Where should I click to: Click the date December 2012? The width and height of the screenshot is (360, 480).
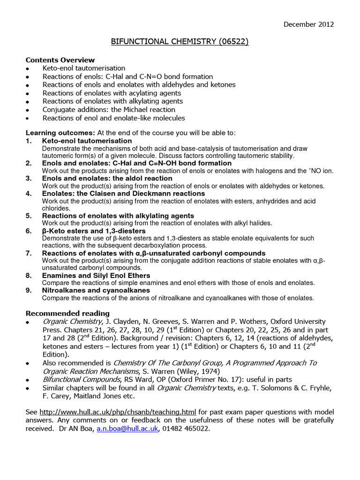click(309, 24)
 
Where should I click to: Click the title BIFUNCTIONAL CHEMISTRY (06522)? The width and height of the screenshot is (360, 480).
click(180, 42)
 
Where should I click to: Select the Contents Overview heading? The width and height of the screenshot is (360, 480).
click(60, 60)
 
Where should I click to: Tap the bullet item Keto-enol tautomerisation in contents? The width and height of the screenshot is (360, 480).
click(84, 68)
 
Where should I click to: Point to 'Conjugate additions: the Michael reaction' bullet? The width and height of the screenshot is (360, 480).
click(109, 110)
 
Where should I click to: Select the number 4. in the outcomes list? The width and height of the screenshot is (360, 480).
click(29, 194)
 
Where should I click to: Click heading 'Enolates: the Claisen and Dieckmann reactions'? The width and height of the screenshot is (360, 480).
click(123, 194)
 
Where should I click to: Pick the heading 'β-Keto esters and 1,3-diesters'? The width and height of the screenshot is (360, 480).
click(94, 231)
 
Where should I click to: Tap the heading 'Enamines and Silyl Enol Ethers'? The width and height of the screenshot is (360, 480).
click(96, 276)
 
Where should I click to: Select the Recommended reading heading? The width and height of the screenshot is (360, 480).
click(67, 313)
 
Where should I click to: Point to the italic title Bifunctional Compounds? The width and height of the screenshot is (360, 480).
click(82, 379)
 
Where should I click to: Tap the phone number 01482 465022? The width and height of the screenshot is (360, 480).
click(186, 428)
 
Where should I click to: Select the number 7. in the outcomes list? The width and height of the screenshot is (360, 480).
click(29, 253)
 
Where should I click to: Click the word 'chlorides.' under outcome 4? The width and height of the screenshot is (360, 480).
click(56, 208)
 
